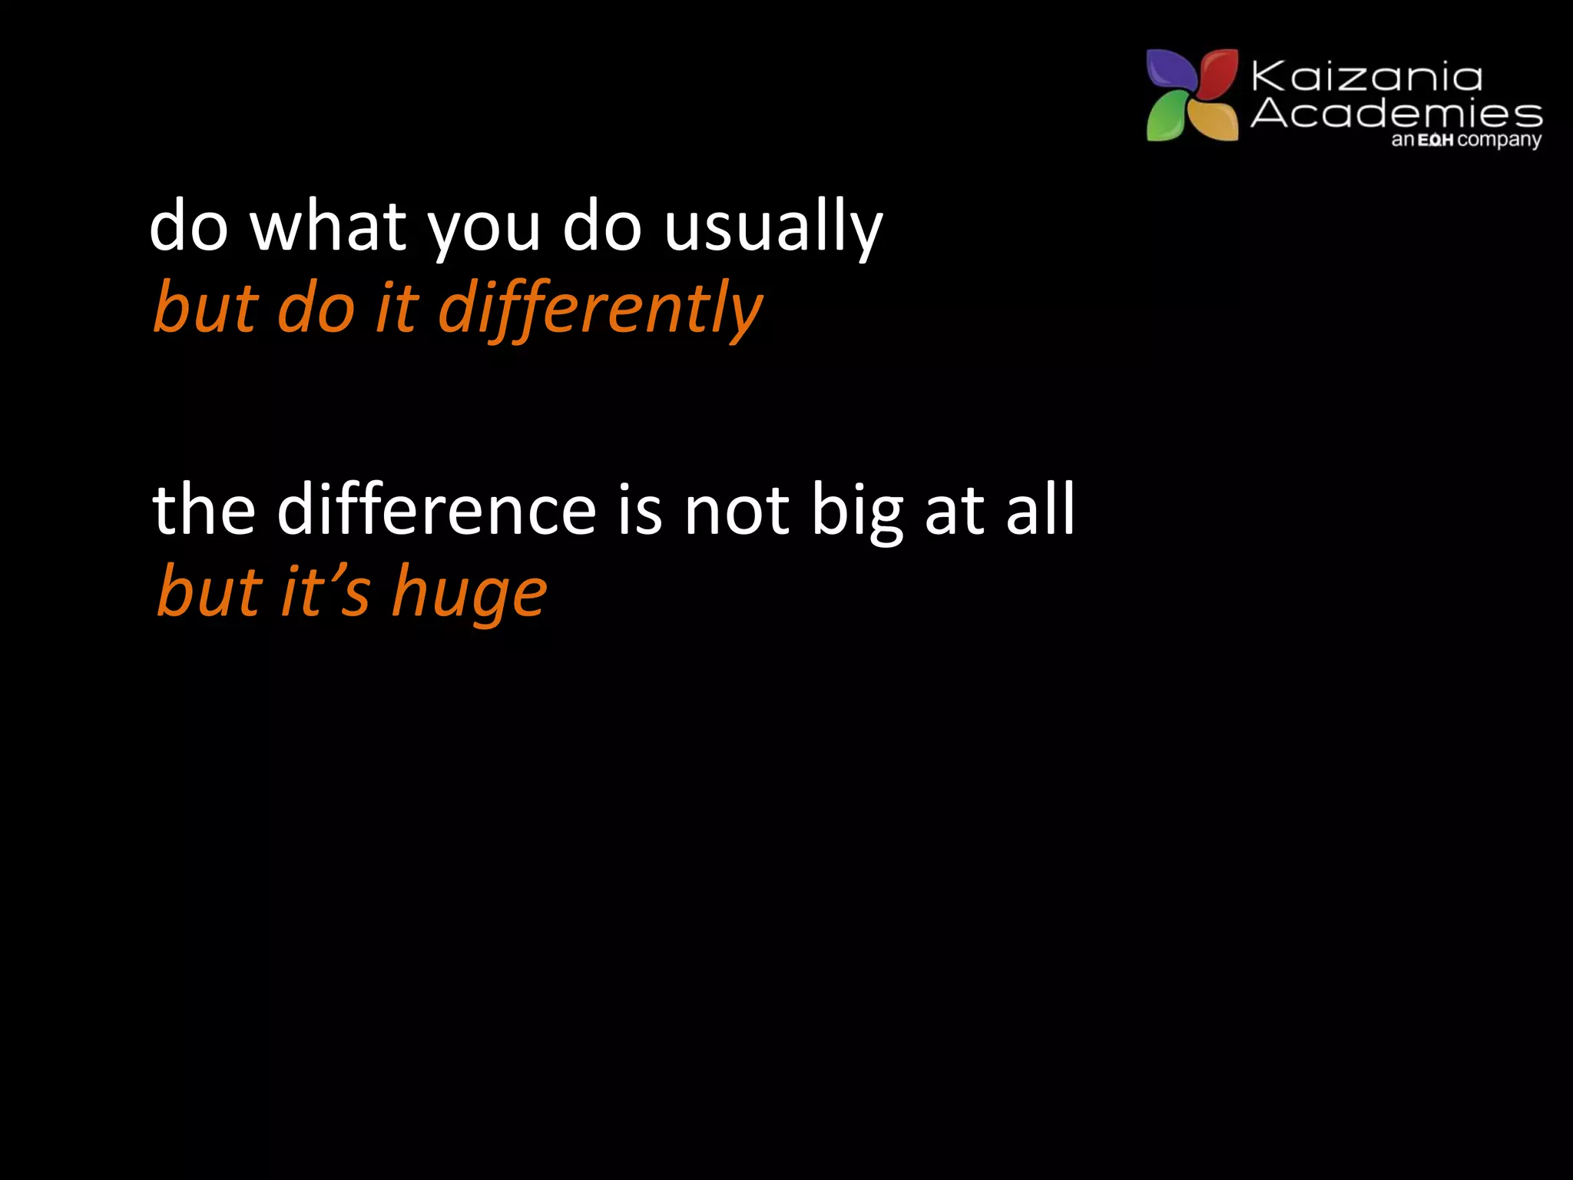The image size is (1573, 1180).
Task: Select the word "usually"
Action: click(773, 227)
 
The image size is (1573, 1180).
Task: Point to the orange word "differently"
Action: click(600, 309)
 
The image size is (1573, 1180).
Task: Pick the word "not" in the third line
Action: click(737, 511)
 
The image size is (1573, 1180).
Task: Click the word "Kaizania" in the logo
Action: click(1366, 78)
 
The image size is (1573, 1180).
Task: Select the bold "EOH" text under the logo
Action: click(1436, 141)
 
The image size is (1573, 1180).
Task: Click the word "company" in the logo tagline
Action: click(1499, 141)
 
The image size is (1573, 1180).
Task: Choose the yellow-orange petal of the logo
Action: click(1214, 120)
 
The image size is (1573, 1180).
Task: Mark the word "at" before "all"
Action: click(955, 511)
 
